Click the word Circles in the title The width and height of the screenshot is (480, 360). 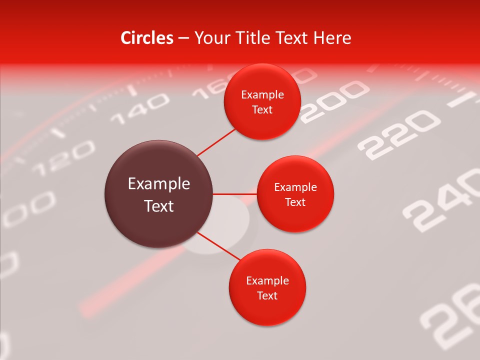147,38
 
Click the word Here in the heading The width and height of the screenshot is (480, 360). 332,38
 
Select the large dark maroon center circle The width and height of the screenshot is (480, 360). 159,194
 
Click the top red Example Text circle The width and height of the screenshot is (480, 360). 262,102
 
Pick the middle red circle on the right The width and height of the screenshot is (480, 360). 295,194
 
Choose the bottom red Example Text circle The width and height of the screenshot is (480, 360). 267,288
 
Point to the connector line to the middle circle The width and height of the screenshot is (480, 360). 235,194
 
